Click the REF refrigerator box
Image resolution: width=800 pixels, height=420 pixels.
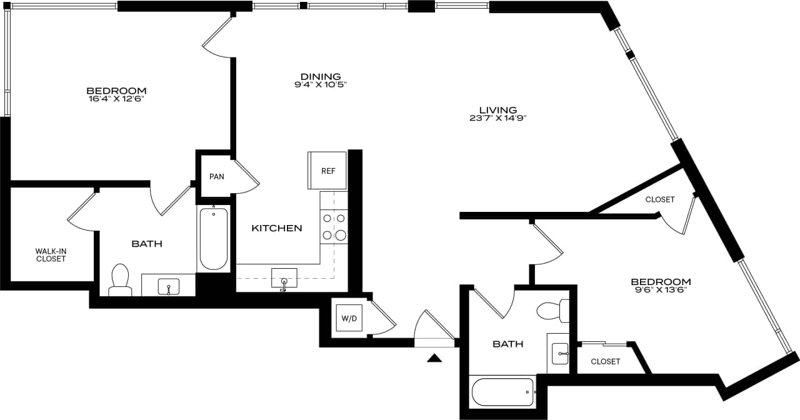click(x=327, y=170)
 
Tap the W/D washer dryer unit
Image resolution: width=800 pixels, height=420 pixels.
click(x=349, y=319)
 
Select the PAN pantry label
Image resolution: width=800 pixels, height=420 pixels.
click(x=216, y=177)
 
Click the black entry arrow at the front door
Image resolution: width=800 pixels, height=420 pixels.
click(x=434, y=358)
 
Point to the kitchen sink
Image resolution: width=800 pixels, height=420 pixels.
click(x=284, y=279)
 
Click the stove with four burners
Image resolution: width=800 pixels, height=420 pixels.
click(x=334, y=227)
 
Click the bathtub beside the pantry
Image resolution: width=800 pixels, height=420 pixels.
click(x=213, y=239)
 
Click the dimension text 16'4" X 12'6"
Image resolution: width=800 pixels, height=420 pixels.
click(x=116, y=99)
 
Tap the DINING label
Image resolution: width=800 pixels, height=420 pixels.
click(x=320, y=76)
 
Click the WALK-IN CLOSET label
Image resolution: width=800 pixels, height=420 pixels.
click(x=51, y=255)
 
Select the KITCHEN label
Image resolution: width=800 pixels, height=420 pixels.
click(x=276, y=228)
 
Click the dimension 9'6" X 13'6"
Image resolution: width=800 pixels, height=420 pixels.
click(x=661, y=290)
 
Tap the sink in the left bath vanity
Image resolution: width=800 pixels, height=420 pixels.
click(x=168, y=287)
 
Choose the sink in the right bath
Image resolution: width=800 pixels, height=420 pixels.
click(x=560, y=354)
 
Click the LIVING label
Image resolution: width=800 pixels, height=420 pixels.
click(x=494, y=109)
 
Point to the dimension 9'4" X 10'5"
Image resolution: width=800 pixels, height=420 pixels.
click(x=320, y=85)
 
